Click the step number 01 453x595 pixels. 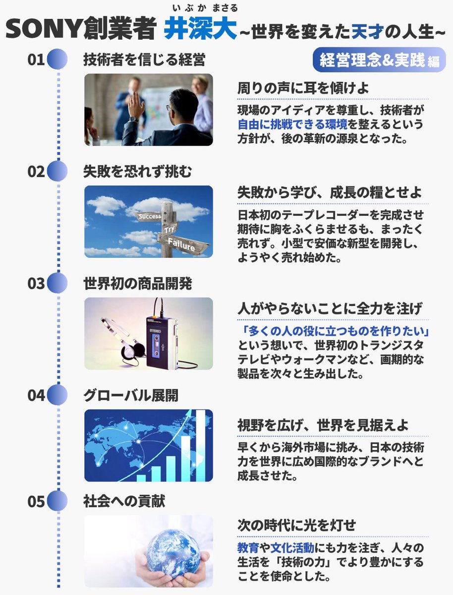36,60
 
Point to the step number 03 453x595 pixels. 36,284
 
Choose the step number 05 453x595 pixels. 36,501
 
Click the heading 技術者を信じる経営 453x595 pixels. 144,60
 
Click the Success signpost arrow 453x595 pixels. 149,217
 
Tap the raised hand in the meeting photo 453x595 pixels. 133,106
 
